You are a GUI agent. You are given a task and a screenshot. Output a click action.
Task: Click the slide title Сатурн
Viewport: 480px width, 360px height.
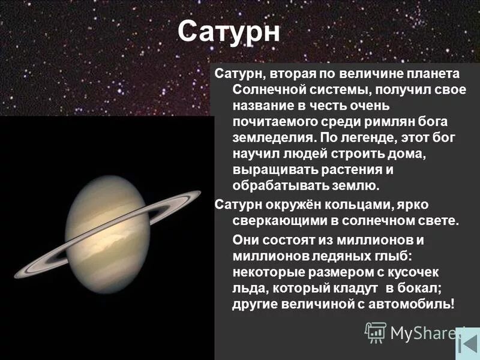point(229,32)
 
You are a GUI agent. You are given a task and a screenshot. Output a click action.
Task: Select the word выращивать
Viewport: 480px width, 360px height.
point(272,170)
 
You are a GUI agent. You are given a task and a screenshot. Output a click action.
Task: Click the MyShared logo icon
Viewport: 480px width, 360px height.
point(376,332)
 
